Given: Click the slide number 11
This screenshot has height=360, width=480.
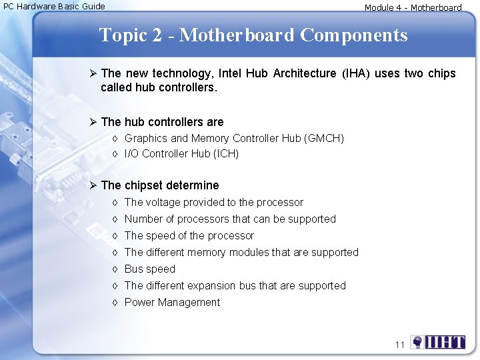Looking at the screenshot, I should tap(399, 345).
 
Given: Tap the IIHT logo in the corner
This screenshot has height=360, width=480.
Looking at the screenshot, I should tap(438, 343).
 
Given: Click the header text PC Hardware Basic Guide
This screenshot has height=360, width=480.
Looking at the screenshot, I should tap(55, 6).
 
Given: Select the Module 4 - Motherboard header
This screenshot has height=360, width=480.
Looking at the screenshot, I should tap(413, 8).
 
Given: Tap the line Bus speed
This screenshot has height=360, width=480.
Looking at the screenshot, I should tap(149, 269).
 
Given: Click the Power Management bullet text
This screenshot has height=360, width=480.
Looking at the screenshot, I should tap(172, 302).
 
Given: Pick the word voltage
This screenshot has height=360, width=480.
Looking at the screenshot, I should tap(163, 202).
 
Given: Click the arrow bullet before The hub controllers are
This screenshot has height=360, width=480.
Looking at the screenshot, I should tap(93, 122).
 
